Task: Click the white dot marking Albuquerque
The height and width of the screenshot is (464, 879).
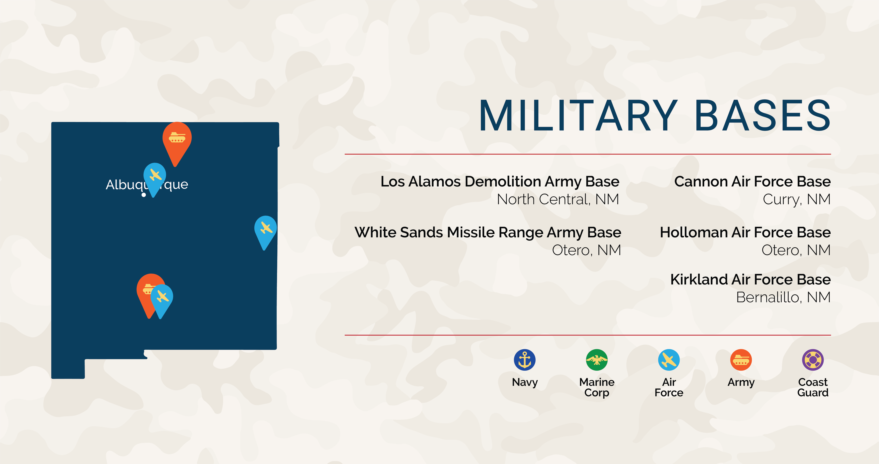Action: (x=144, y=195)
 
